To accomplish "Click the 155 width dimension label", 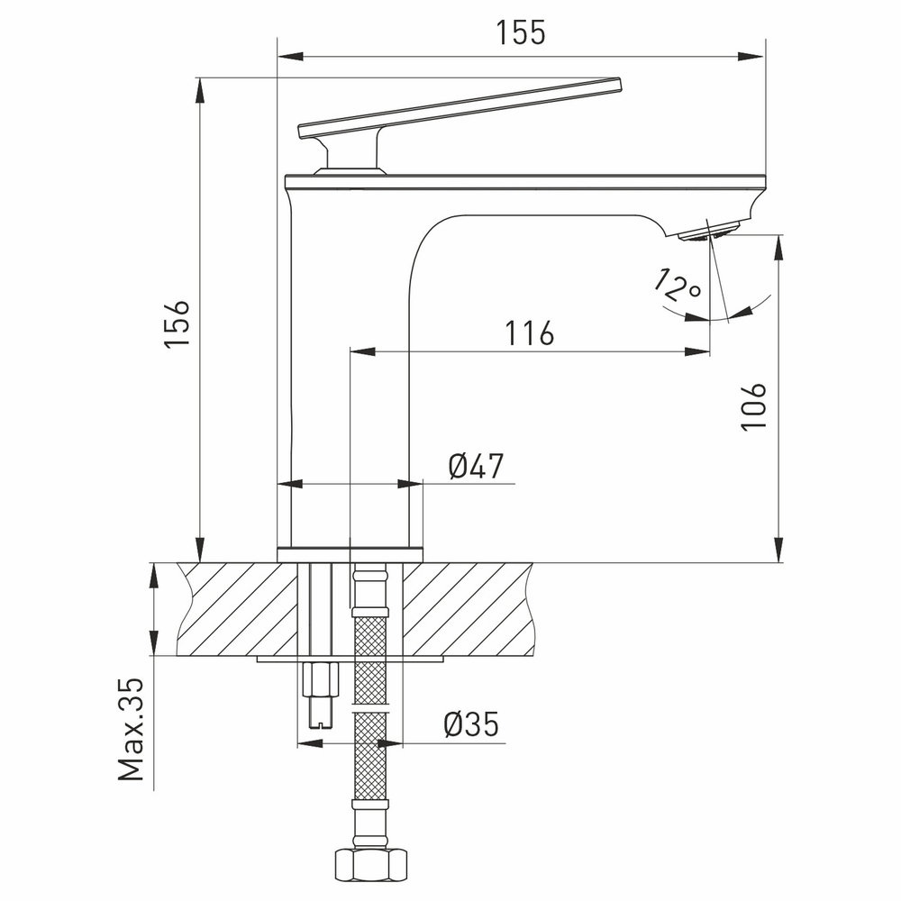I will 521,33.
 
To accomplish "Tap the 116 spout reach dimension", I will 529,333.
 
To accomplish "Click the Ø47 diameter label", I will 476,466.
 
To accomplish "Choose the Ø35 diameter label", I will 471,724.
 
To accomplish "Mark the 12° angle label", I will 677,286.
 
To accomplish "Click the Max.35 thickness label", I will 132,730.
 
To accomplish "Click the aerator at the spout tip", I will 711,232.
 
